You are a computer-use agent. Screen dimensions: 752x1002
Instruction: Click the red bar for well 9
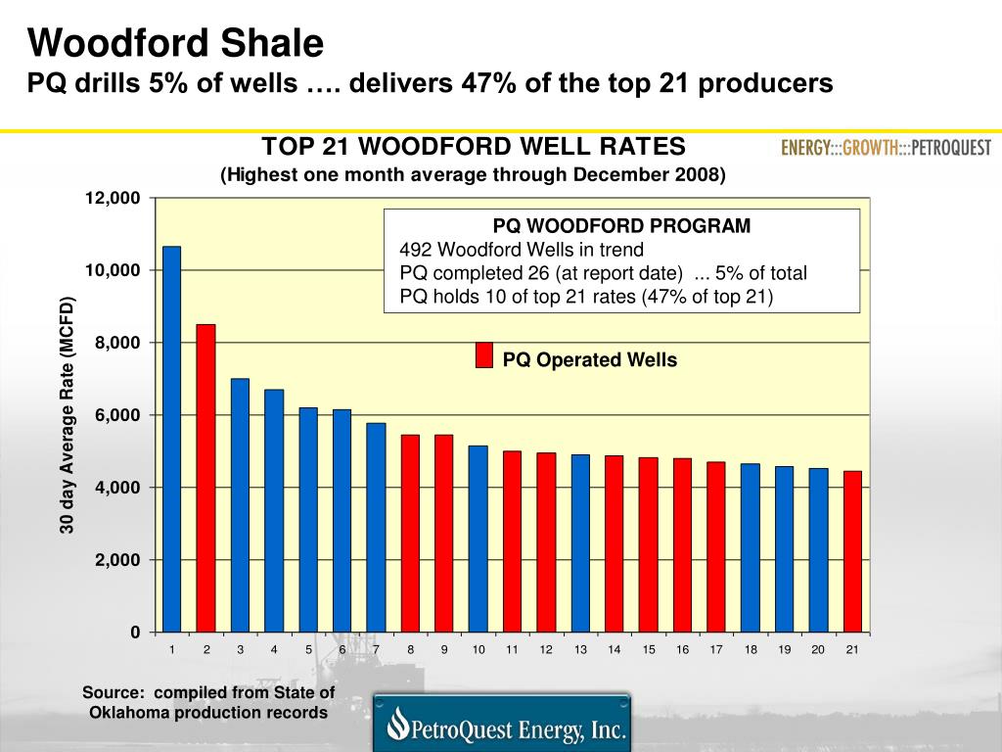(444, 533)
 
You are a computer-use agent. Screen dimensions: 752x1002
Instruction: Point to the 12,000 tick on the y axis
(113, 198)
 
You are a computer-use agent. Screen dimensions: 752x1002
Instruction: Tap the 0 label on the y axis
(135, 633)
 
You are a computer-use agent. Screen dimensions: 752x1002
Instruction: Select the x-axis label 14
(614, 650)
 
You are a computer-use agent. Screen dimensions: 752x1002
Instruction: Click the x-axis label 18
(751, 650)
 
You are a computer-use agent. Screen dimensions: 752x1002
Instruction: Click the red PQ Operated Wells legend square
(483, 355)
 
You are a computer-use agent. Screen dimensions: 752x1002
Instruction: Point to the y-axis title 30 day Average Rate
(68, 415)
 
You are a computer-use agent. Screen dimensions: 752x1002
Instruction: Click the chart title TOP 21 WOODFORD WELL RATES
(473, 147)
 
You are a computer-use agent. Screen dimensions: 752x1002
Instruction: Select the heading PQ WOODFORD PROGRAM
(621, 226)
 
